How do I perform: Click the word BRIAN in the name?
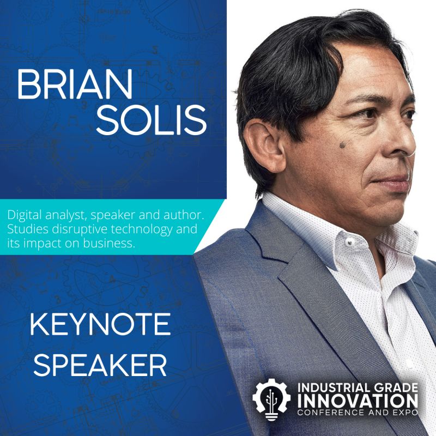coord(75,85)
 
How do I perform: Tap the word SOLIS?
coord(152,120)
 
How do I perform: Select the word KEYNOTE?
coord(100,324)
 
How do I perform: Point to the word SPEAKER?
coord(100,365)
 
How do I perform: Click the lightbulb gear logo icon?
coord(271,399)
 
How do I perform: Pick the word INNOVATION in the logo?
coord(358,401)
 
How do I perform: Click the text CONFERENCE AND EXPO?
coord(358,412)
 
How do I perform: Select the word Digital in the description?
coord(25,215)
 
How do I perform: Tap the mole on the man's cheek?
coord(343,144)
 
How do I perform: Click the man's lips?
coord(395,181)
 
